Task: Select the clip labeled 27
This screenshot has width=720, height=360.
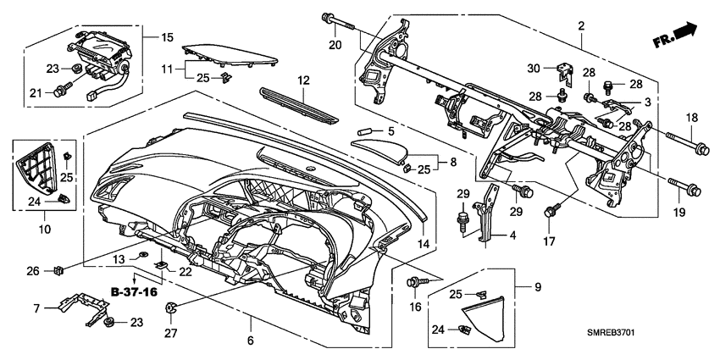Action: point(169,307)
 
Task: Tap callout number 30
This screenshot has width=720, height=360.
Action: point(534,69)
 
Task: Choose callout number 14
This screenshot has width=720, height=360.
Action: point(421,243)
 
